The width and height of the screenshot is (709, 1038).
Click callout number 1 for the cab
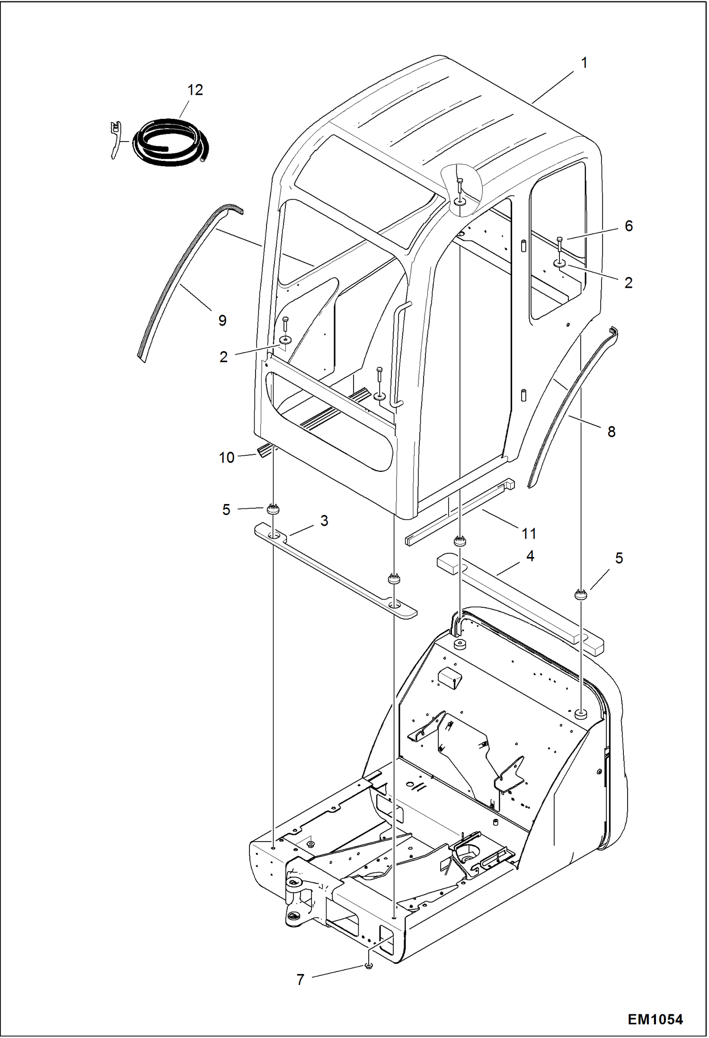[x=584, y=62]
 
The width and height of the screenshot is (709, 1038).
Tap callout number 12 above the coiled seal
[x=195, y=90]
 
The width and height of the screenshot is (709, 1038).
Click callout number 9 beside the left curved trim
[x=222, y=320]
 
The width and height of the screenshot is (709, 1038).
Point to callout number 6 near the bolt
[x=629, y=226]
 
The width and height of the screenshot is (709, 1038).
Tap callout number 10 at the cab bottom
[x=227, y=458]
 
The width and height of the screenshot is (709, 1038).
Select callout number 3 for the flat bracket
[x=324, y=521]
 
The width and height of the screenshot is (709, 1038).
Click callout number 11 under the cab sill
[x=529, y=533]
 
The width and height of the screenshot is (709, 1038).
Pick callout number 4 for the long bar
[x=530, y=556]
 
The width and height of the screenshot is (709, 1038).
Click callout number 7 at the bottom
[x=300, y=980]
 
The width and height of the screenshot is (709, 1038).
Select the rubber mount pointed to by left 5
[x=273, y=509]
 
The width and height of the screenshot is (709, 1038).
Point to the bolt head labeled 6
[x=560, y=240]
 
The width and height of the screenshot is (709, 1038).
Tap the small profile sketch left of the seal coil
[x=115, y=139]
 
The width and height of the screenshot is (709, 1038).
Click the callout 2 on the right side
[x=628, y=283]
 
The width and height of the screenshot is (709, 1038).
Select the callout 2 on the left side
[x=223, y=357]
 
